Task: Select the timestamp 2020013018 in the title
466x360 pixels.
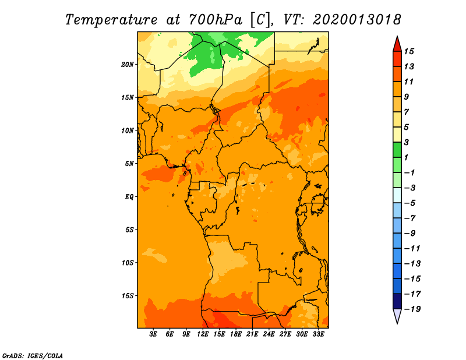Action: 356,19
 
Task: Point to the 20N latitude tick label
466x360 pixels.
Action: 128,64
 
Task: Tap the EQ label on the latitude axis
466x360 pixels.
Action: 129,196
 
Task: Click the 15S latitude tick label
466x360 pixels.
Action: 128,295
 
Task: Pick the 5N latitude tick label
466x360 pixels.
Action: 129,164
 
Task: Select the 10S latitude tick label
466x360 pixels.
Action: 128,263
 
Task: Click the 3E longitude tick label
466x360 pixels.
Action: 154,334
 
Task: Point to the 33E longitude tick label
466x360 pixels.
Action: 318,334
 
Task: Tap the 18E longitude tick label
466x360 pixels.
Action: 236,334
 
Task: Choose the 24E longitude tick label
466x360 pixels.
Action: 269,334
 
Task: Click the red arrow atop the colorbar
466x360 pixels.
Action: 397,44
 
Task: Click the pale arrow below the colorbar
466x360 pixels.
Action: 397,316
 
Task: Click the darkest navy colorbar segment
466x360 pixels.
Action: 397,301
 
